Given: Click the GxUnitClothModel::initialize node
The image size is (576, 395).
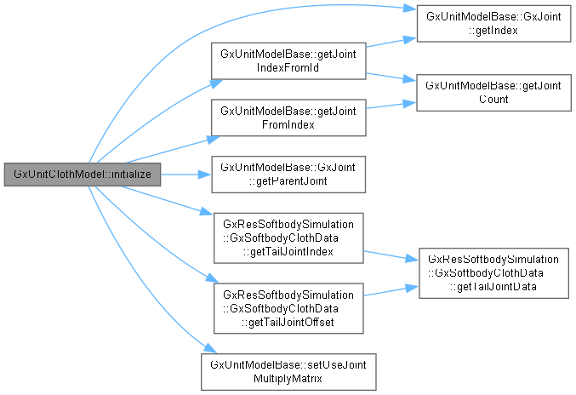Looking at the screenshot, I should click(81, 174).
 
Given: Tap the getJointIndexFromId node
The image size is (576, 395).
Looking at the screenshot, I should click(288, 60).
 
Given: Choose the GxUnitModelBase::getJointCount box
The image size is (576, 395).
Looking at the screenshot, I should click(491, 92).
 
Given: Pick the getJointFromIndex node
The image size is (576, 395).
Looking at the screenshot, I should click(288, 117).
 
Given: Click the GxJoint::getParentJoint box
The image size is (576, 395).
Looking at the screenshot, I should click(288, 174).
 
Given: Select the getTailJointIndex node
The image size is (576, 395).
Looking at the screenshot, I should click(288, 237).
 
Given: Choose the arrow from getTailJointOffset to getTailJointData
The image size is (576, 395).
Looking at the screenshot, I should click(391, 290).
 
